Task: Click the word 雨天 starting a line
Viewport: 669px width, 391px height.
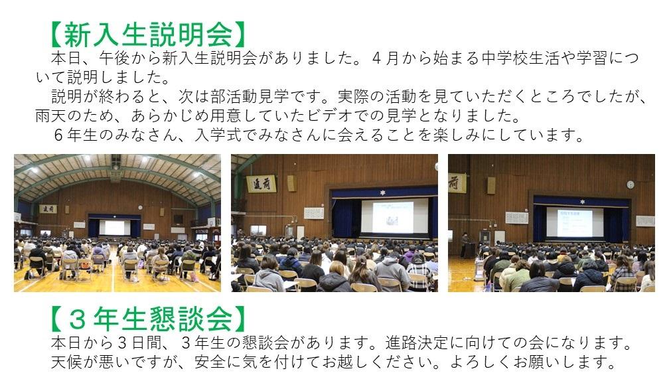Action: coord(51,116)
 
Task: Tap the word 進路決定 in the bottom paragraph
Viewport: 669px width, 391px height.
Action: coord(416,343)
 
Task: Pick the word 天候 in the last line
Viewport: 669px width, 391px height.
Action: coord(66,362)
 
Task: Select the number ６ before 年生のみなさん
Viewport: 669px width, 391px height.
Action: coord(59,135)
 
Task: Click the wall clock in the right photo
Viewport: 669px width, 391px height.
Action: coord(631,185)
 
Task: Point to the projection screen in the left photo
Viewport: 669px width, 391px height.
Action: coord(114,227)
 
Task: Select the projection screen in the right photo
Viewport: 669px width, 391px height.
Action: coord(575,222)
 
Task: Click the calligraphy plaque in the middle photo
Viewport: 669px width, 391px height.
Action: coord(261,184)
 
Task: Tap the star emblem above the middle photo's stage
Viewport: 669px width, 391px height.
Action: coord(383,193)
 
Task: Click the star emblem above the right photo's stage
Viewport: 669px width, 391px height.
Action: coord(581,201)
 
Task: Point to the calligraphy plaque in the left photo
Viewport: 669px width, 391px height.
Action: coord(48,209)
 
